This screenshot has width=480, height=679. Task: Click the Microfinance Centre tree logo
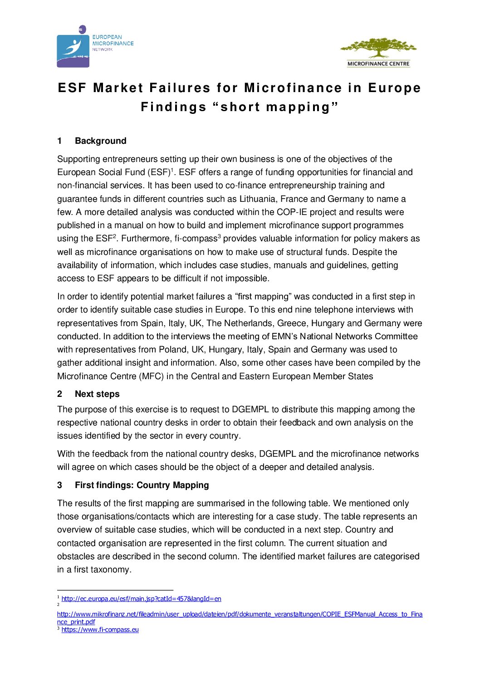coord(378,52)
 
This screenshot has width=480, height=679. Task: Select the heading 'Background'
coord(100,141)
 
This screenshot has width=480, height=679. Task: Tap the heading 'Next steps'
coord(97,394)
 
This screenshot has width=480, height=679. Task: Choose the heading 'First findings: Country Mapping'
coord(142,485)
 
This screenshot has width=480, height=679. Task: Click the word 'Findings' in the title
coord(173,107)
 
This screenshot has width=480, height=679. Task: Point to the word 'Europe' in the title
coord(394,88)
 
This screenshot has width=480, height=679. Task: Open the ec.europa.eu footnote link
coord(141,599)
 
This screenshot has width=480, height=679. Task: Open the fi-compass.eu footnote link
coord(100,630)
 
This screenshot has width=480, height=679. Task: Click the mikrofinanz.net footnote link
coord(240,614)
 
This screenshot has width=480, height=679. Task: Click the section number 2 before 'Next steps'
coord(59,394)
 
